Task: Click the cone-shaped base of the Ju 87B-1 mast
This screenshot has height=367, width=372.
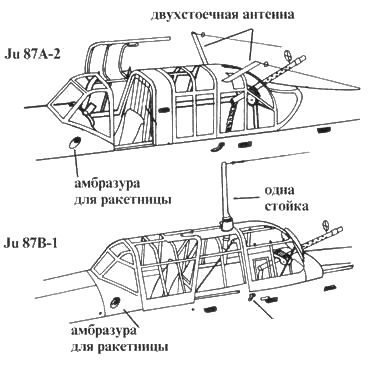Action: pyautogui.click(x=226, y=223)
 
